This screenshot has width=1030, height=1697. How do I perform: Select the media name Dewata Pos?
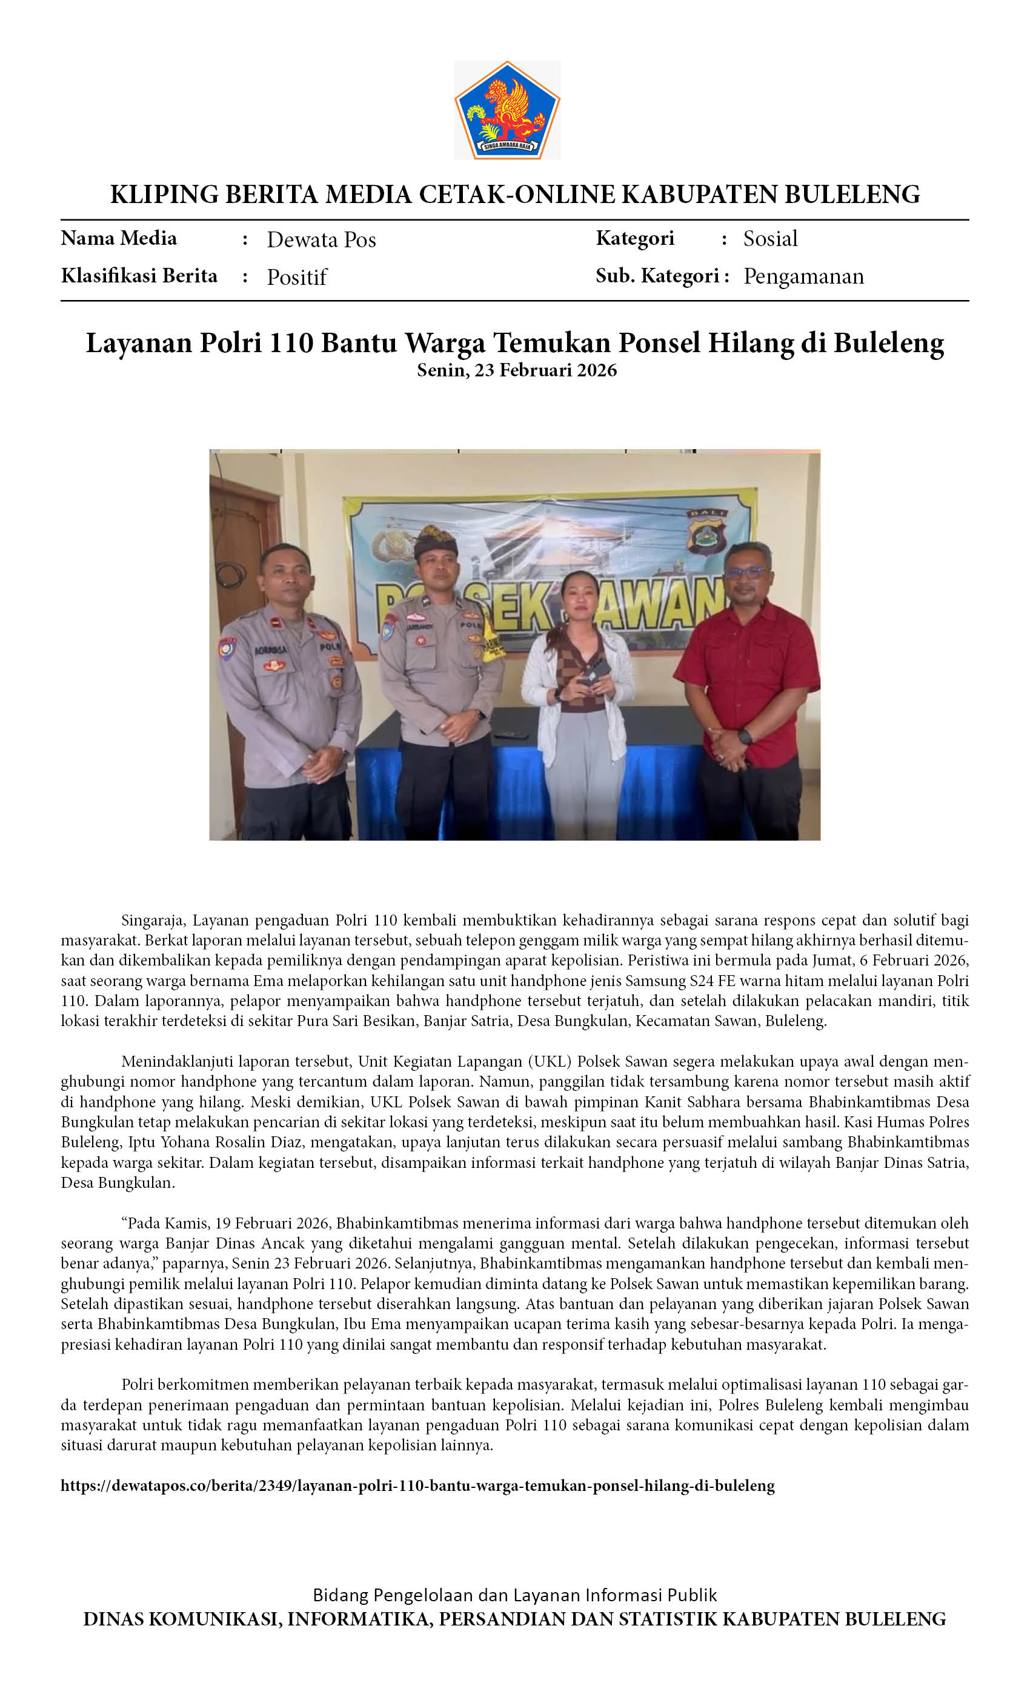(321, 239)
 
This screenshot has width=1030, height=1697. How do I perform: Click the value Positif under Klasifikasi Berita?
(297, 277)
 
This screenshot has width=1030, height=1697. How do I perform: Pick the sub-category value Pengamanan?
(803, 276)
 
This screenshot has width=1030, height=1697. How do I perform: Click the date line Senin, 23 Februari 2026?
(516, 370)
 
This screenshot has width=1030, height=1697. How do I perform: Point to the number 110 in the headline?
(291, 343)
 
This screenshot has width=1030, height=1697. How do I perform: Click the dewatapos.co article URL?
(417, 1485)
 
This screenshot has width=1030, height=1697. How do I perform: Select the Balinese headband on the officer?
(435, 541)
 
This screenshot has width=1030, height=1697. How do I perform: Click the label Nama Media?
(118, 238)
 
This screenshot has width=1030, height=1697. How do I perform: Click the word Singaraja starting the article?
(153, 920)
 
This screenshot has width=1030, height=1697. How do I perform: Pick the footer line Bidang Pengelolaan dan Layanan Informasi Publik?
(514, 1595)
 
